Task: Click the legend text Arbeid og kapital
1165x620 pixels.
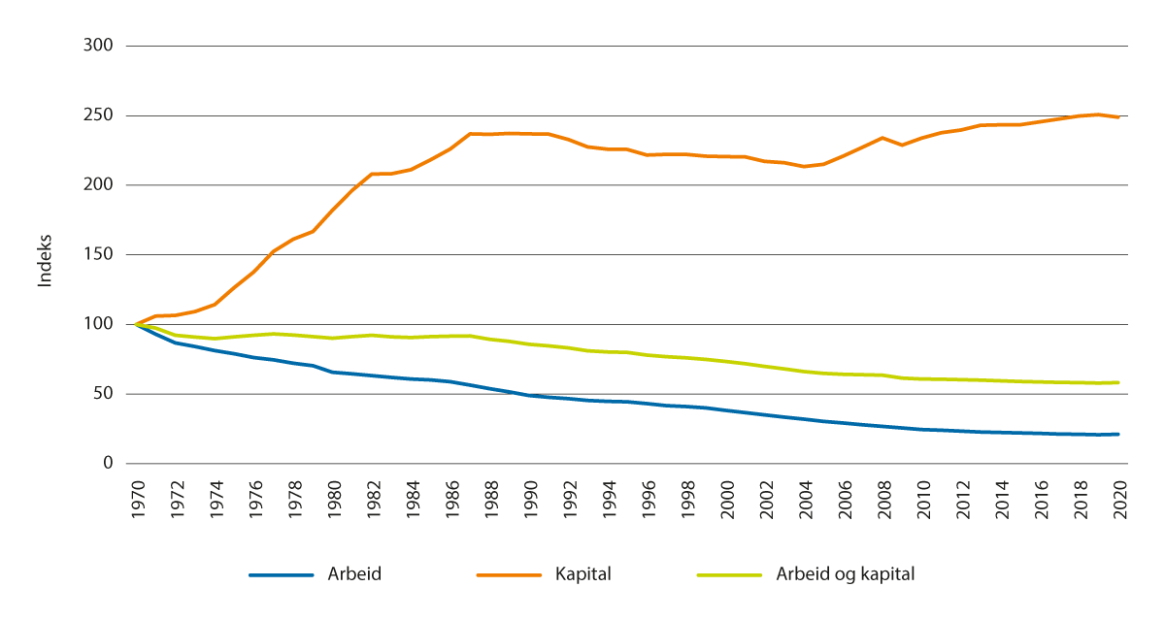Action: click(845, 573)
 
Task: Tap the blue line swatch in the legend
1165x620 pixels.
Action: click(282, 574)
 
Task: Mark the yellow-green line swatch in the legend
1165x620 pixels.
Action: click(731, 574)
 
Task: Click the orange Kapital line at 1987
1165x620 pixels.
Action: click(470, 134)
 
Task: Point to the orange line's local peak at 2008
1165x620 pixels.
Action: click(882, 138)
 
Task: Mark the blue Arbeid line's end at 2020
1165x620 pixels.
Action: click(1118, 434)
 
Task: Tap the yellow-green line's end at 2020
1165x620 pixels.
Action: click(1118, 382)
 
